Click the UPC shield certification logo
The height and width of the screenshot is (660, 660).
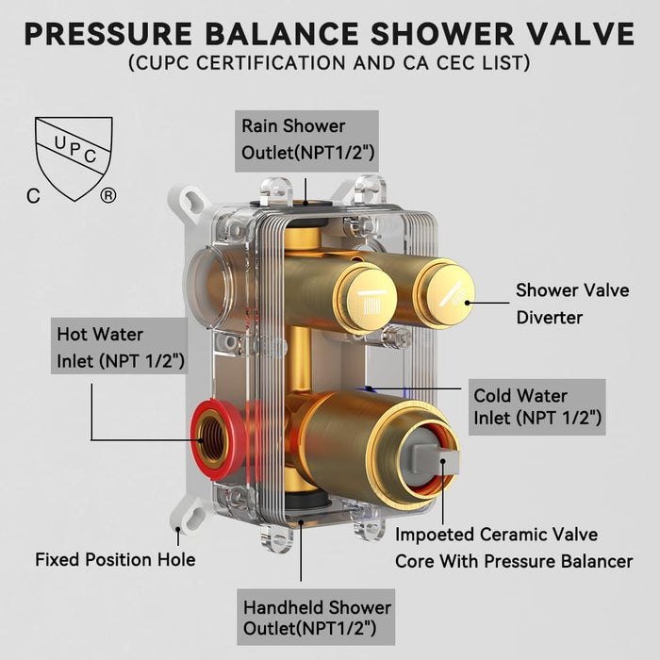point(74,158)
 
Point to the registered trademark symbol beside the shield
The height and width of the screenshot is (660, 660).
point(108,195)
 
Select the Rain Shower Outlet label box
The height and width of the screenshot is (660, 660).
point(306,141)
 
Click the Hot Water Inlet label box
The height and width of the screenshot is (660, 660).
point(120,346)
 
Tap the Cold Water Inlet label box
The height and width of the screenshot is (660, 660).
point(537,407)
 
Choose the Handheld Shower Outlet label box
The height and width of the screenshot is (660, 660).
point(316,617)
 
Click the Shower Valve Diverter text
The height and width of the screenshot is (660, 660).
point(572,304)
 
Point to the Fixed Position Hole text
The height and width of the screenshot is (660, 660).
point(115,560)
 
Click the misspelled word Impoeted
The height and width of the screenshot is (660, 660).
point(432,535)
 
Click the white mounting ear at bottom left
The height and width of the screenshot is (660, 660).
point(190,516)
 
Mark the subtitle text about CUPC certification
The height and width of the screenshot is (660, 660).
point(329,63)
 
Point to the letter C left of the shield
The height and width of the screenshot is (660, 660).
point(33,196)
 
